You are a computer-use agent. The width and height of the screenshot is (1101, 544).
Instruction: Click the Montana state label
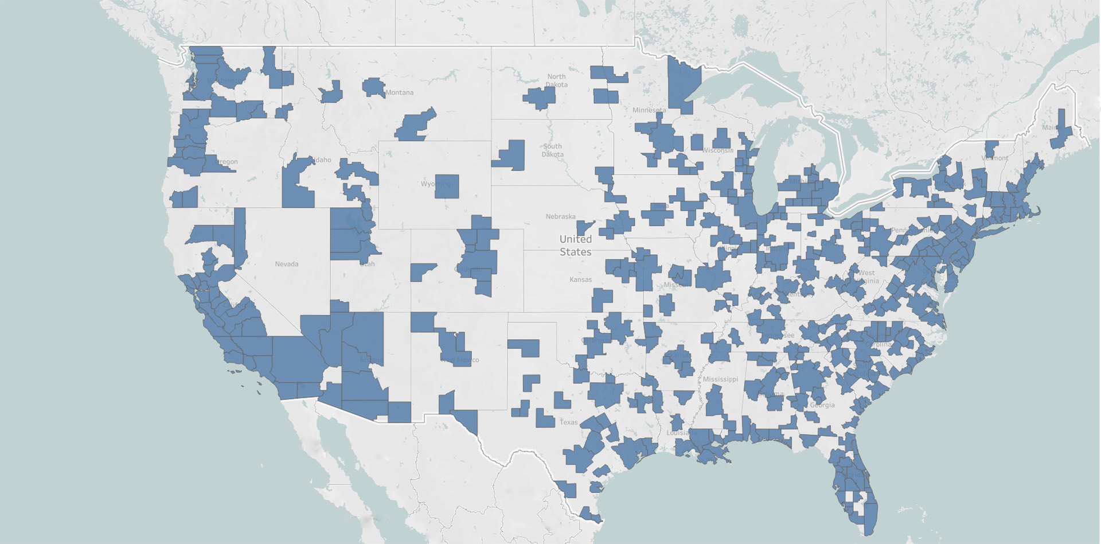[399, 92]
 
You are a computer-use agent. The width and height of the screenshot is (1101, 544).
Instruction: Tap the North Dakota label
[556, 80]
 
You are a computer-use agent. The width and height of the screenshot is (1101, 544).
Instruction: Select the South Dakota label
[553, 150]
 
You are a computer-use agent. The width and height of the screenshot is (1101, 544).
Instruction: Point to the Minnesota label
[649, 110]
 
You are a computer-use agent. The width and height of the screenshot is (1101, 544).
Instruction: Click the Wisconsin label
[718, 150]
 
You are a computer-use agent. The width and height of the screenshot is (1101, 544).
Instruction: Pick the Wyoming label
[435, 184]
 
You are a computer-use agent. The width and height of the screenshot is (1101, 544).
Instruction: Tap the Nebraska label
[560, 216]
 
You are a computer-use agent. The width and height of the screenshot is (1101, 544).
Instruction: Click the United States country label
[575, 245]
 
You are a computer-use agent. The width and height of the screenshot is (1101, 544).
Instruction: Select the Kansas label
[580, 279]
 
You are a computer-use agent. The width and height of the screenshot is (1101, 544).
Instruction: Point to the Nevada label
[286, 264]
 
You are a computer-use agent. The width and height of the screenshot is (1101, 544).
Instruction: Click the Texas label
[568, 422]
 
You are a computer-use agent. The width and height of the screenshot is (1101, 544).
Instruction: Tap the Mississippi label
[720, 379]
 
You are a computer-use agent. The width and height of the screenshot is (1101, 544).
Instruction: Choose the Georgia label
[822, 405]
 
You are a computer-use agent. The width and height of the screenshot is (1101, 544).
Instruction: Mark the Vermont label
[995, 158]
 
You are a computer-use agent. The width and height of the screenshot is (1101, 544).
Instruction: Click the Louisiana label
[678, 432]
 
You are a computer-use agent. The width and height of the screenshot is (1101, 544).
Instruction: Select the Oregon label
[226, 162]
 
